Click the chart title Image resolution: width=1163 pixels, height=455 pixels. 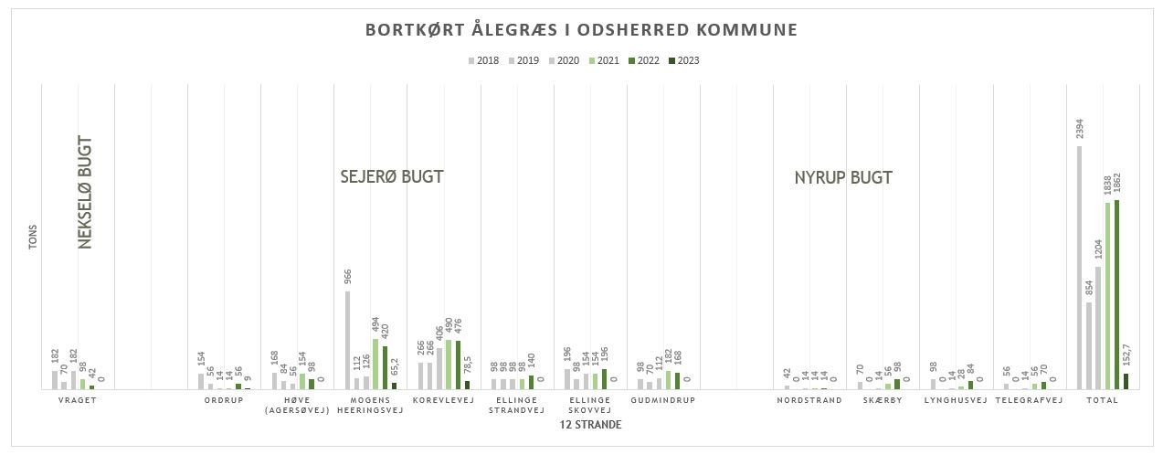point(581,30)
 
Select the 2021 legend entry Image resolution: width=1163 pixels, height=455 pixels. point(603,61)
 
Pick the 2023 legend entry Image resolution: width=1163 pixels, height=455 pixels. point(683,61)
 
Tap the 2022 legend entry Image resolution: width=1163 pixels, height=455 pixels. point(643,61)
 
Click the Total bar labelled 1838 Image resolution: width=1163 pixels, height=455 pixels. point(1107,295)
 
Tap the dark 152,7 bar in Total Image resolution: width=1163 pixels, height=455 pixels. point(1126,381)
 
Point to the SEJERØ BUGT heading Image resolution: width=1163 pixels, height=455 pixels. point(391,177)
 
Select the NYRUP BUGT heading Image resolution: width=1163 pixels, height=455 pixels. point(843,178)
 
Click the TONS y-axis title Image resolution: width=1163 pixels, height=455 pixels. point(33,238)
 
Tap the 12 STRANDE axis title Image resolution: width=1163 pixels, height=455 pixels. point(590,425)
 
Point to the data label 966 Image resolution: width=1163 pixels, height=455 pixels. point(348,277)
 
